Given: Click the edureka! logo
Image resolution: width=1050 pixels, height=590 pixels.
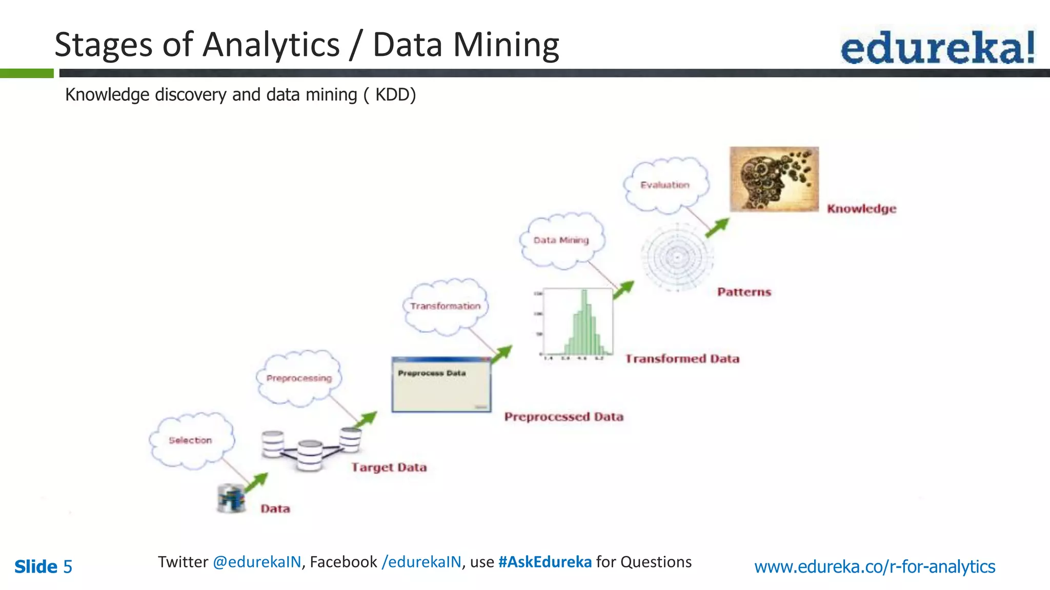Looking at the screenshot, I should [937, 47].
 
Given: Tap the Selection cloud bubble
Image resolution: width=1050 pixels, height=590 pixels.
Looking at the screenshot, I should [191, 440].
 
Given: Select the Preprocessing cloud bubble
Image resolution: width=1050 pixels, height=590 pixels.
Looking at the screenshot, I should [299, 378].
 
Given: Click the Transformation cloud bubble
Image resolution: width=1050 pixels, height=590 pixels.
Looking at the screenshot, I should [446, 306].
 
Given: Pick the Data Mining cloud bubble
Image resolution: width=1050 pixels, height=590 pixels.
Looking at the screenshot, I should [561, 240].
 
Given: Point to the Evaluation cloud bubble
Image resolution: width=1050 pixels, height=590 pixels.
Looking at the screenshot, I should [665, 185].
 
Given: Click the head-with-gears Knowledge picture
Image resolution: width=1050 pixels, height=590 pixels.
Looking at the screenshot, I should [774, 179].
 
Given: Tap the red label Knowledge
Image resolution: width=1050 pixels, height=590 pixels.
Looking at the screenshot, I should [861, 209].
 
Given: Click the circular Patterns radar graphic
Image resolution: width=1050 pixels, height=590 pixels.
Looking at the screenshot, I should [677, 257].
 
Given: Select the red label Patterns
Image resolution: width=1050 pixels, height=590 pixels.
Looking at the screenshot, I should [744, 292].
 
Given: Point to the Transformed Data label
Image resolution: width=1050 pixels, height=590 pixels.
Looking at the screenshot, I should [682, 359].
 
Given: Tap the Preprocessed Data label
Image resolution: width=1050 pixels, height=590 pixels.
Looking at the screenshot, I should [563, 417].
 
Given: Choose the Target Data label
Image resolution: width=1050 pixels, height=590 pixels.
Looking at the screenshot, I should [389, 467].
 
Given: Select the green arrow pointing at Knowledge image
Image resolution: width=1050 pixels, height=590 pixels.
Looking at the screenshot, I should [717, 228].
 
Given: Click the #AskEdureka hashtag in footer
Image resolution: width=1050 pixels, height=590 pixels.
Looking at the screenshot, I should [544, 562].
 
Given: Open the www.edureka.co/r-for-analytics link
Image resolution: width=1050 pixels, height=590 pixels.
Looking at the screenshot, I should [874, 566].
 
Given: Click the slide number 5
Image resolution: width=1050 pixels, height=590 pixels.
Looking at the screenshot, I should [67, 567].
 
